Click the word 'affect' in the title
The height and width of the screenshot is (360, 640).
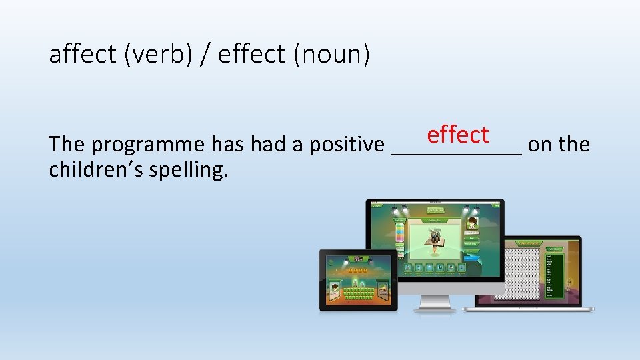[x=82, y=54]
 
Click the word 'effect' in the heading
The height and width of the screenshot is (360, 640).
[x=251, y=54]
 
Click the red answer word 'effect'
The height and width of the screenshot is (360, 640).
[x=458, y=134]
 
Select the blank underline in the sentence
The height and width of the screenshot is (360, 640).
[x=457, y=152]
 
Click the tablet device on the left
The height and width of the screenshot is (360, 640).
[x=358, y=280]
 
